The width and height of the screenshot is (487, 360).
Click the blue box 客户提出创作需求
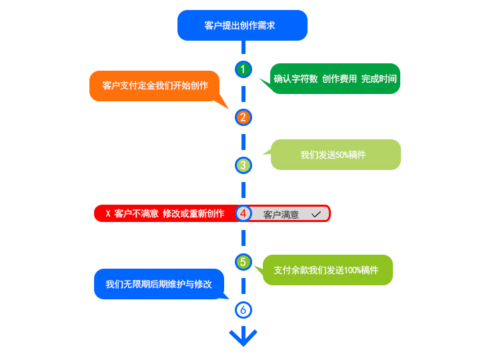tap(242, 25)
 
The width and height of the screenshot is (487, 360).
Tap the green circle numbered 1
tap(243, 69)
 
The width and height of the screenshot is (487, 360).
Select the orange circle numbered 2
tap(243, 117)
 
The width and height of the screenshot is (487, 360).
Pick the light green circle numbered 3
tap(243, 165)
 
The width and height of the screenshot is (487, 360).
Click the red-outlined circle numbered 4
tap(243, 213)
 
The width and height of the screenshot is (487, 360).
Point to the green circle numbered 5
tap(243, 262)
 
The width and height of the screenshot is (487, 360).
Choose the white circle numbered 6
tap(243, 310)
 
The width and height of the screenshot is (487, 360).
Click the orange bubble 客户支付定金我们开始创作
tap(155, 85)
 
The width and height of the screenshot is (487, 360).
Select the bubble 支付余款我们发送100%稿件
tap(327, 270)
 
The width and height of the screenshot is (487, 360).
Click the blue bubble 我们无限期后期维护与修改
tap(159, 284)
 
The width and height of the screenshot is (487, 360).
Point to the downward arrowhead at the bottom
tap(243, 337)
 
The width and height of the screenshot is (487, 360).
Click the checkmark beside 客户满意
tap(316, 214)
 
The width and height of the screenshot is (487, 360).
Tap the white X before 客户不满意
tap(107, 214)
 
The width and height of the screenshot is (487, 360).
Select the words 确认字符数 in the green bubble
tap(296, 79)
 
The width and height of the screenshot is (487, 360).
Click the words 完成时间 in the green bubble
tap(379, 79)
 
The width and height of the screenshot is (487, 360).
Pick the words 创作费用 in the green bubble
tap(340, 79)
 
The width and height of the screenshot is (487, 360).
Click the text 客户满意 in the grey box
tap(281, 215)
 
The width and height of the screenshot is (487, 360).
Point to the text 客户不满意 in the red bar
tap(136, 214)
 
